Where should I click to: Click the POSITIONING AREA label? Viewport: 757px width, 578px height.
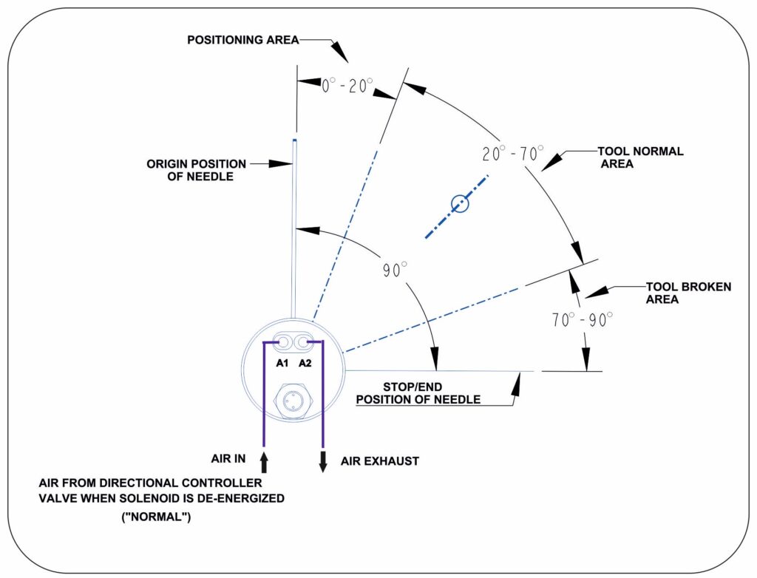point(242,40)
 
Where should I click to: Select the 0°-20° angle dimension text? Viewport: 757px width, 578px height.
point(346,86)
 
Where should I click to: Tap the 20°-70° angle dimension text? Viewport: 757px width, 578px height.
point(508,155)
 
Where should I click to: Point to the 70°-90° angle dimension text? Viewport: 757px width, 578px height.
point(582,320)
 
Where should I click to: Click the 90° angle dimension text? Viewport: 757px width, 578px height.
point(395,270)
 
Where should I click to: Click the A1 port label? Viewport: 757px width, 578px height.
point(282,363)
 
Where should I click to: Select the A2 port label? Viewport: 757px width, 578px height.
point(305,363)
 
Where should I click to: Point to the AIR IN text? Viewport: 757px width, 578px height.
point(228,460)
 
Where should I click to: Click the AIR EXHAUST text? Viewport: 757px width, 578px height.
point(380,461)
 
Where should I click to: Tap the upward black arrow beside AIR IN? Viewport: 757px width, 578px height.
point(264,463)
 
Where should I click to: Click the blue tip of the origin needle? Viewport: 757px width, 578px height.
point(294,140)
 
